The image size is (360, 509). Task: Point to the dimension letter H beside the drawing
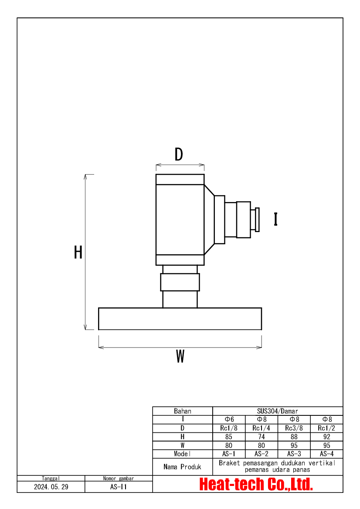78,252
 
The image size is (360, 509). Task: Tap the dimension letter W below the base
180,356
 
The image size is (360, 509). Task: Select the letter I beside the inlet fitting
275,219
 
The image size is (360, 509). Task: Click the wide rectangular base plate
180,319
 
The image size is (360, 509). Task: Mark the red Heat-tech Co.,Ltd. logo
256,484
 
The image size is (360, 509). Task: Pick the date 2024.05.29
51,487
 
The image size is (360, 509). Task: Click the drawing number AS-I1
119,487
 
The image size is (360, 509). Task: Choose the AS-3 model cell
294,454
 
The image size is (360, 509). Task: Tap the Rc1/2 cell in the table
326,428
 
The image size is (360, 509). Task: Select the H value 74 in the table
262,437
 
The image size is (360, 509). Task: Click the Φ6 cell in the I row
229,419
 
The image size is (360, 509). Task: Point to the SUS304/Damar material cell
278,411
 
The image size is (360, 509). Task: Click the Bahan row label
183,411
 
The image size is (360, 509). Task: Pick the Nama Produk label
183,467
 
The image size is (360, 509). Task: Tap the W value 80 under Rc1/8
229,445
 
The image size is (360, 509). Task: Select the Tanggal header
51,478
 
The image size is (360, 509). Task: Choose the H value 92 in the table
326,437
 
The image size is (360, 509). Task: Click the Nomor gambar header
119,478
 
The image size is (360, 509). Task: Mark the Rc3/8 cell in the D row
294,428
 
